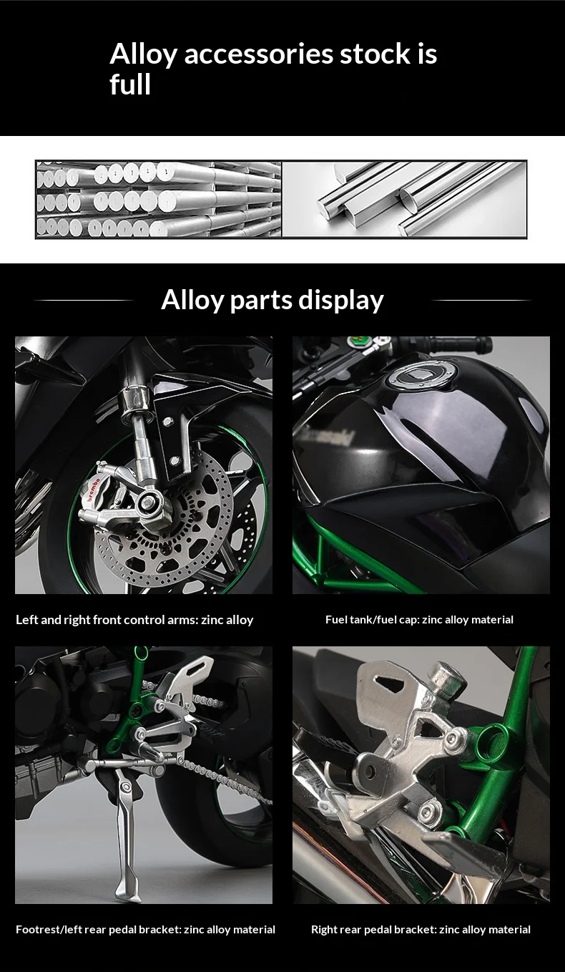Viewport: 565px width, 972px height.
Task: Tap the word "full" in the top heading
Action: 130,84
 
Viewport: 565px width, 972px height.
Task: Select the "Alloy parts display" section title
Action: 272,301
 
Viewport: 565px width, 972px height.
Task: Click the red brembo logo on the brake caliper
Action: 94,489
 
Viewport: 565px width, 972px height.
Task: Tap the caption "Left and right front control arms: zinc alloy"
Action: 134,620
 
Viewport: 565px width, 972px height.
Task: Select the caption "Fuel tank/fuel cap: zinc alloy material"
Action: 419,619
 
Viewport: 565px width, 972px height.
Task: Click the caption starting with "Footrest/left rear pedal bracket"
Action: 145,930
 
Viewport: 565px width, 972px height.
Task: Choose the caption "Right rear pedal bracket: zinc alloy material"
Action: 421,930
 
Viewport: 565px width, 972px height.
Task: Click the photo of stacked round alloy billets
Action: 159,199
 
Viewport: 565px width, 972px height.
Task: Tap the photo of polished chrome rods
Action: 404,199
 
